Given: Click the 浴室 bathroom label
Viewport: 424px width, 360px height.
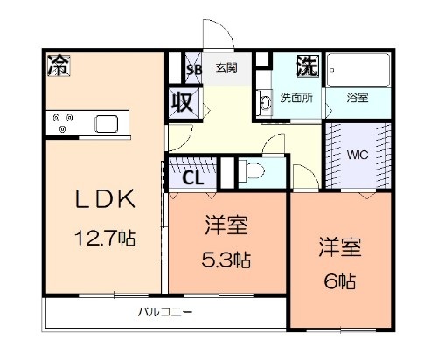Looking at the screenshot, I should coord(357,98).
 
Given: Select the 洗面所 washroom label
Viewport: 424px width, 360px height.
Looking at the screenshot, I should coord(296,98).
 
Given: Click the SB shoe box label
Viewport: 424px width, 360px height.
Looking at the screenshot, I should coord(194,69).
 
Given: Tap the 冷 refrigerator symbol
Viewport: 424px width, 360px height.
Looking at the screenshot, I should coord(59,65).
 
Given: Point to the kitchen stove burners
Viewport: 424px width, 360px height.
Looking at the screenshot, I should coord(62,122).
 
